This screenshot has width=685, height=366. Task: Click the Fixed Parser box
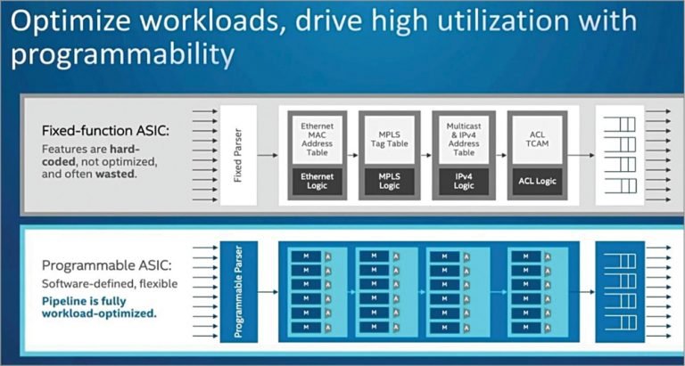[x=238, y=155]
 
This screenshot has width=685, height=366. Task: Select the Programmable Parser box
[x=238, y=291]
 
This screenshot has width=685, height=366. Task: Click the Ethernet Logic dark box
[x=317, y=181]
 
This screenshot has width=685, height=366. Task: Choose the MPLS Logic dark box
[x=388, y=181]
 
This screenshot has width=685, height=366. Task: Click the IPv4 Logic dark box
[x=463, y=181]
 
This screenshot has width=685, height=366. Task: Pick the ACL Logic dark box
[x=537, y=181]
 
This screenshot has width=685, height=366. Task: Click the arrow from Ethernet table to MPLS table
[x=352, y=155]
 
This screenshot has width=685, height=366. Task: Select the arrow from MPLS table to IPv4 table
[x=425, y=155]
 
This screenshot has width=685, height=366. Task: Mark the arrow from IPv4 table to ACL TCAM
[x=500, y=155]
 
